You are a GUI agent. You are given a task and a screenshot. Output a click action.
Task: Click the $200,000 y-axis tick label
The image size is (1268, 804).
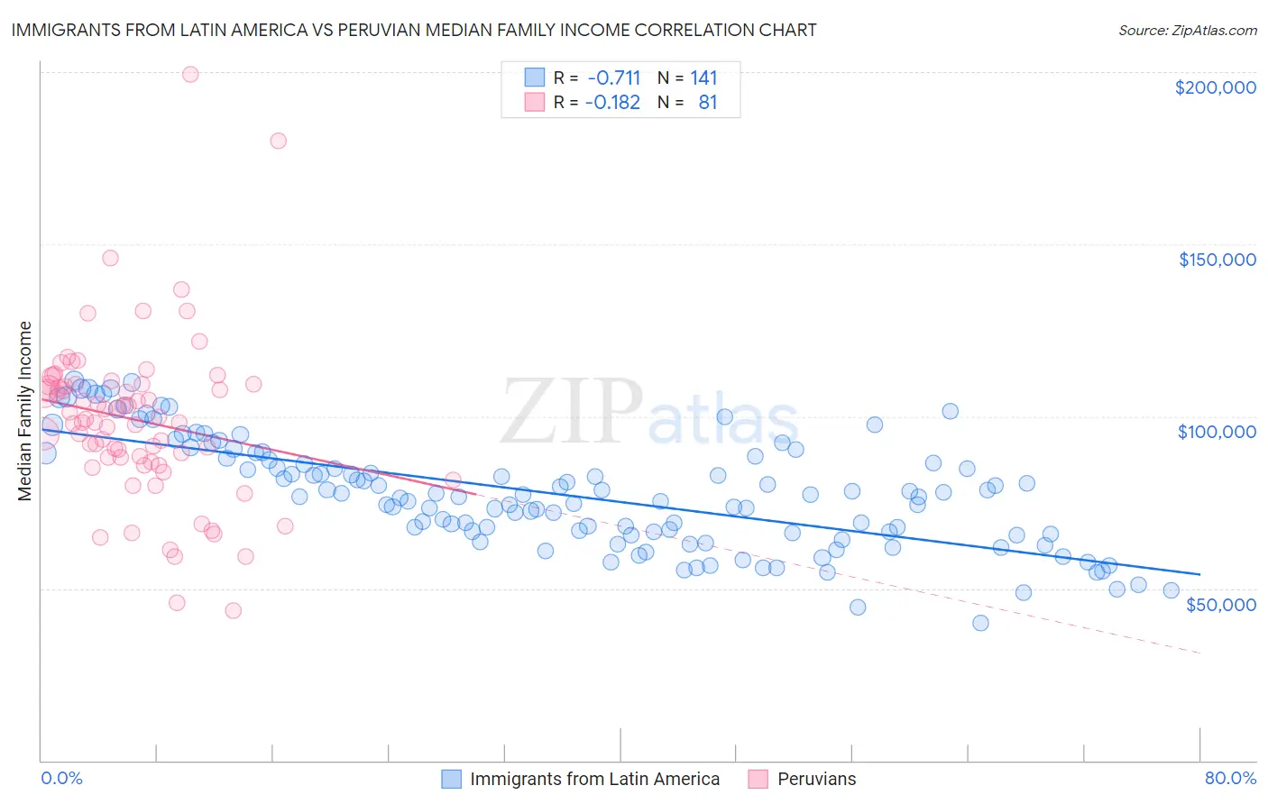click(x=1215, y=87)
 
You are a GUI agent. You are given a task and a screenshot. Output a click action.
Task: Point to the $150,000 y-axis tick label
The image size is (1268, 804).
click(x=1217, y=260)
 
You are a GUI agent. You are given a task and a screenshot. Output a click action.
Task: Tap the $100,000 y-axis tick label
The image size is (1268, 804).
click(x=1217, y=432)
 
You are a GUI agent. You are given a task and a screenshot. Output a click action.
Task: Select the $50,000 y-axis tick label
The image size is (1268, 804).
click(x=1220, y=604)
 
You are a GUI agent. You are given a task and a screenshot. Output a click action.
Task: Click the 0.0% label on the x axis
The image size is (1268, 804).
click(x=61, y=778)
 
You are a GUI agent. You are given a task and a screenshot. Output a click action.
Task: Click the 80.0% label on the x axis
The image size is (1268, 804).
click(x=1230, y=778)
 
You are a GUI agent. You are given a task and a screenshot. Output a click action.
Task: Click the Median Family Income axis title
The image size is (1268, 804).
click(x=24, y=411)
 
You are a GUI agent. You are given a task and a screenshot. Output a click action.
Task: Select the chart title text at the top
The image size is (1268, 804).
click(x=414, y=30)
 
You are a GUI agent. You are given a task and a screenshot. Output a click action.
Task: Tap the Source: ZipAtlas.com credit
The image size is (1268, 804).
click(x=1187, y=30)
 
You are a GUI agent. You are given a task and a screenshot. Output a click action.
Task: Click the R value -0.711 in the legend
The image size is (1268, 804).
click(x=612, y=78)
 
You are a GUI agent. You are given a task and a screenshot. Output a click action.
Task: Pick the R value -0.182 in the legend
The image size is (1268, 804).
click(x=612, y=103)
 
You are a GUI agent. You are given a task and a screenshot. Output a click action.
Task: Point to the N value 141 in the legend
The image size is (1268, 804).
click(x=703, y=78)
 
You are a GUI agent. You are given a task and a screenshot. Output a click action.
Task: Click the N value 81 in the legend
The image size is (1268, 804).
click(x=708, y=103)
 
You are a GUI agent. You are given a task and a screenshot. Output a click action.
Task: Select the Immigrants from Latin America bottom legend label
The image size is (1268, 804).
click(x=594, y=779)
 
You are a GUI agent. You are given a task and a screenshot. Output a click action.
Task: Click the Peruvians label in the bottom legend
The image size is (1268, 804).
click(x=816, y=779)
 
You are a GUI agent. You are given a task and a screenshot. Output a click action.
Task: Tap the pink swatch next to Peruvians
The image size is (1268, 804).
click(x=758, y=779)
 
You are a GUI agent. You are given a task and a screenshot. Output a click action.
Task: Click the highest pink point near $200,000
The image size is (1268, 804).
click(x=190, y=75)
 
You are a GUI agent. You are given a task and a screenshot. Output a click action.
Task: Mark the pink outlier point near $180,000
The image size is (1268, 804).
click(x=278, y=141)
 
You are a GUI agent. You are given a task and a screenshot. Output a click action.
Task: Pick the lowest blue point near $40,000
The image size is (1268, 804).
click(x=980, y=623)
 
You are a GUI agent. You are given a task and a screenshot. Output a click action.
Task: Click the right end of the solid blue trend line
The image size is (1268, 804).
click(x=1199, y=574)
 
